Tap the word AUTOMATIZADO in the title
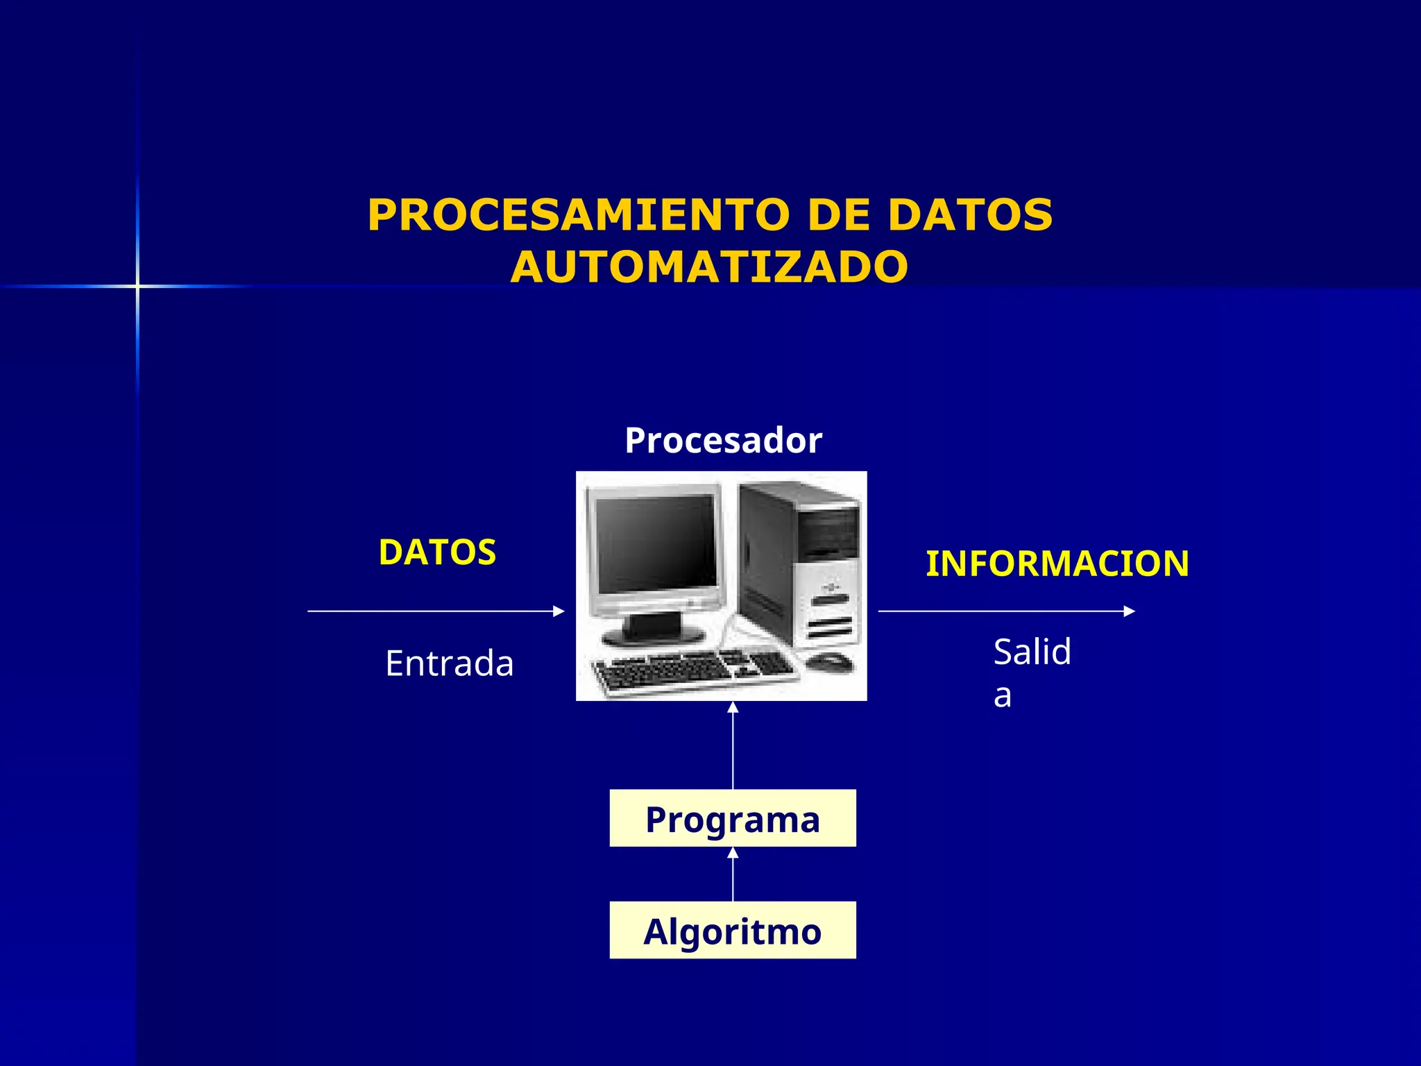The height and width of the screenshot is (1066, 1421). pyautogui.click(x=709, y=267)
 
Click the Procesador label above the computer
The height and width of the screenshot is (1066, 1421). pyautogui.click(x=723, y=441)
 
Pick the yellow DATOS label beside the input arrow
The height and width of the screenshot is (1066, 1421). pyautogui.click(x=437, y=552)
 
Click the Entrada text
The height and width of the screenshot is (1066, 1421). pyautogui.click(x=450, y=663)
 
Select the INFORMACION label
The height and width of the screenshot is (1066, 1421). pyautogui.click(x=1057, y=564)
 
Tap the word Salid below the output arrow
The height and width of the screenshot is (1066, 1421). pyautogui.click(x=1032, y=652)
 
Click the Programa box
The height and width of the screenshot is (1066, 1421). pyautogui.click(x=733, y=818)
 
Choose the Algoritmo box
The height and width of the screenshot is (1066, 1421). pyautogui.click(x=733, y=931)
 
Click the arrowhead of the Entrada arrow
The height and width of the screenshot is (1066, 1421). pyautogui.click(x=559, y=611)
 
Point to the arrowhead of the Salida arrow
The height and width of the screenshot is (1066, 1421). pyautogui.click(x=1129, y=611)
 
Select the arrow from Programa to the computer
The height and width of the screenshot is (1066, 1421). pyautogui.click(x=733, y=750)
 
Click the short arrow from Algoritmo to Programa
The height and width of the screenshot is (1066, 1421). pyautogui.click(x=733, y=876)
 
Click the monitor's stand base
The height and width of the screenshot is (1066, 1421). pyautogui.click(x=652, y=635)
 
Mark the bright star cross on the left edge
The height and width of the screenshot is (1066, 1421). pyautogui.click(x=137, y=286)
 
